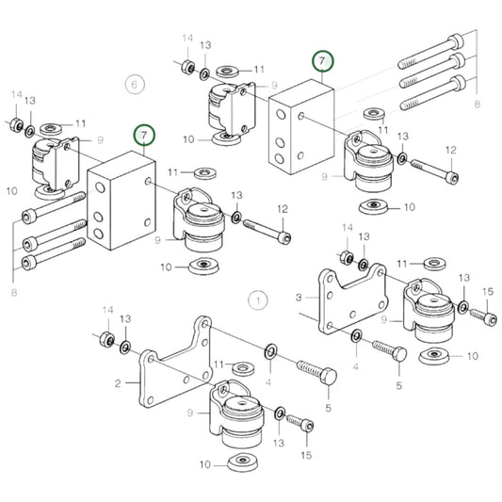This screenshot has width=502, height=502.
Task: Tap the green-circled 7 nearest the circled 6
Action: (143, 137)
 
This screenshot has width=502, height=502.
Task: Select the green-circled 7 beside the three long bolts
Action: (323, 62)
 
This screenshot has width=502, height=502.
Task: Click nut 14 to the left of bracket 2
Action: (108, 338)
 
